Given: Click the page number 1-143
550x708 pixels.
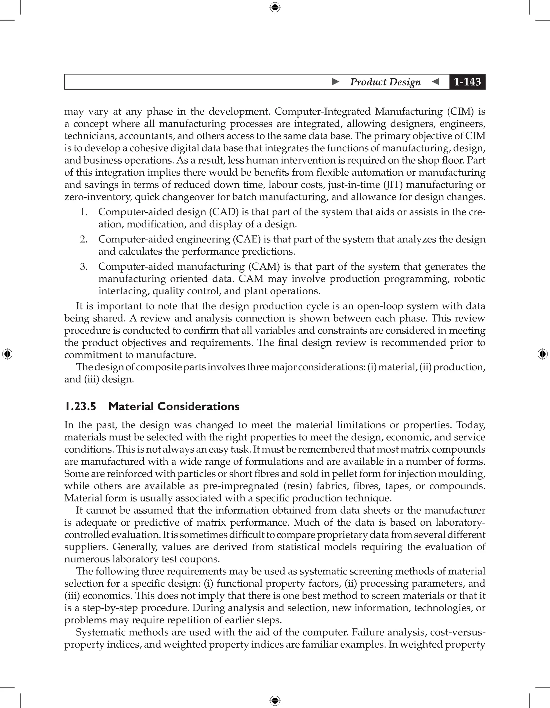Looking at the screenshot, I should tap(467, 82).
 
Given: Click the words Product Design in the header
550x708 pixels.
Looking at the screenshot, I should tap(385, 82).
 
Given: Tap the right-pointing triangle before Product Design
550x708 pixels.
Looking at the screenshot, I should tap(336, 82).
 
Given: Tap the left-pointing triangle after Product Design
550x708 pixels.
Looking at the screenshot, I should tap(436, 82).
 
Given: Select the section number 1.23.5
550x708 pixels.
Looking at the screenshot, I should tap(80, 407).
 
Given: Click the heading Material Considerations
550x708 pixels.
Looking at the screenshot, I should tap(174, 407).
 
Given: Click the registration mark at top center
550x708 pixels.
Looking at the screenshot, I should tap(275, 7).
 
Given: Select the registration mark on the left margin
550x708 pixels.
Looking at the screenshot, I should tap(7, 354).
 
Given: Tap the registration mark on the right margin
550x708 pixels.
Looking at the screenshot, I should tap(542, 354).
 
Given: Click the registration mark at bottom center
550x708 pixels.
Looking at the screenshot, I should tap(275, 700).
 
